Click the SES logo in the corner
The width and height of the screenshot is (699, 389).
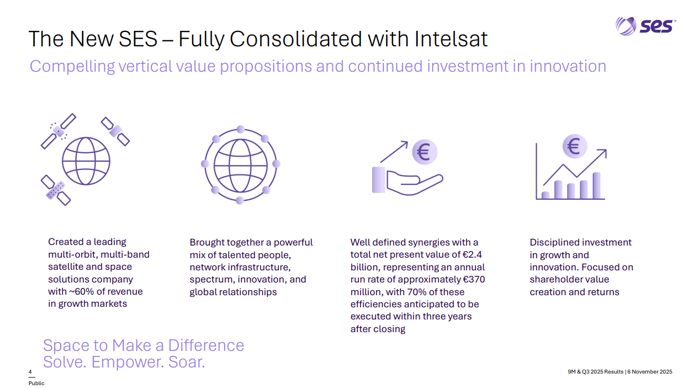645,26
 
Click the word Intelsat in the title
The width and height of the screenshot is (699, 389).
451,39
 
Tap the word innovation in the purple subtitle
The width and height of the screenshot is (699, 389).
568,66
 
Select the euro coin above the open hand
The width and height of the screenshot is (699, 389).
425,152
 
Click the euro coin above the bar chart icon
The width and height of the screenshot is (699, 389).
575,146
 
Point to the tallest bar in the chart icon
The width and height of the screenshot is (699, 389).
596,185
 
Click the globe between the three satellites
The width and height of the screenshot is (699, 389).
86,161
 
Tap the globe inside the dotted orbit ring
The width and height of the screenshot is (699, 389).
240,166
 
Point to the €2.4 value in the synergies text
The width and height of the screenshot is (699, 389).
472,254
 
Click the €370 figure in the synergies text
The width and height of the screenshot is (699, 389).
474,279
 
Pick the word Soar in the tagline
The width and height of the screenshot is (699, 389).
187,362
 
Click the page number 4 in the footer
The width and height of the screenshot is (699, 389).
30,371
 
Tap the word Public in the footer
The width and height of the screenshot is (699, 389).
36,383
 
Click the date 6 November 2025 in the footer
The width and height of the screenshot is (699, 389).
650,371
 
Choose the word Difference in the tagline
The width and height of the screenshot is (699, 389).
206,345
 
